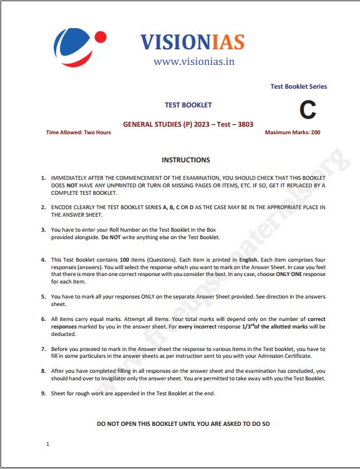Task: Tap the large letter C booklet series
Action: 308,111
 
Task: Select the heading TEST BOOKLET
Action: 188,105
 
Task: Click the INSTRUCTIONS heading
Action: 186,160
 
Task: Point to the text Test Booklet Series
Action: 298,87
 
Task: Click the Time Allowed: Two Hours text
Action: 79,132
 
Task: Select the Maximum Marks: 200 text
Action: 293,132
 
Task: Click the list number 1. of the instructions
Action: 43,178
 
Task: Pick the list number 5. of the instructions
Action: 43,297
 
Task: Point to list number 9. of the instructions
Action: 43,395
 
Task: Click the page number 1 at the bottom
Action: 47,444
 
